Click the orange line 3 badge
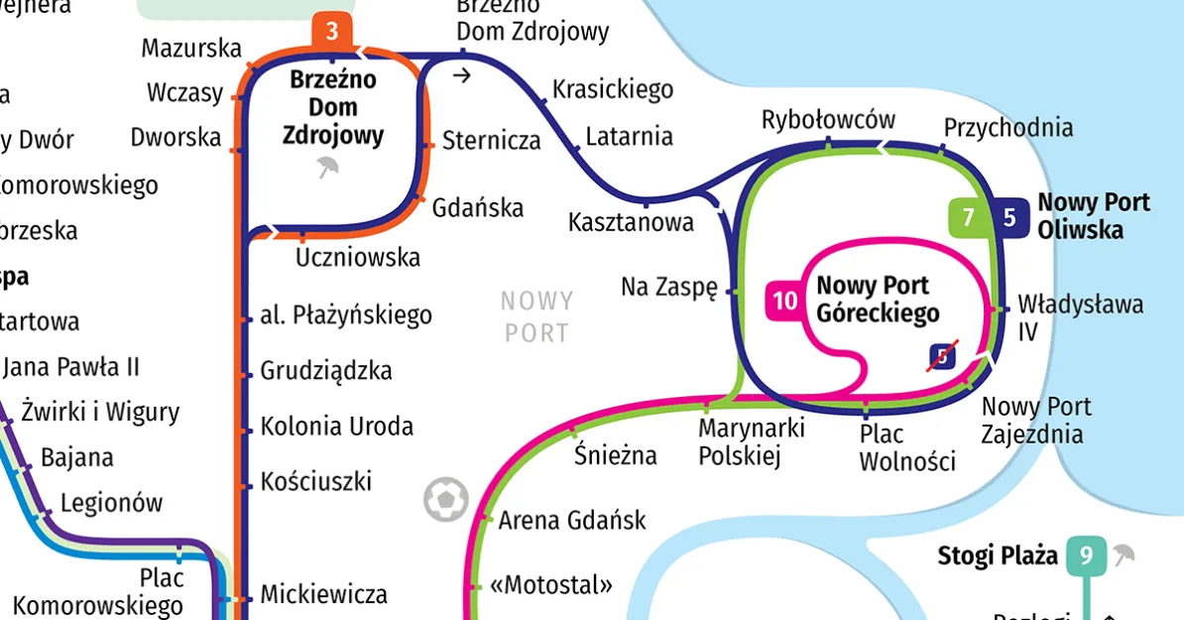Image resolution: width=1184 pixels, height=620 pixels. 332,32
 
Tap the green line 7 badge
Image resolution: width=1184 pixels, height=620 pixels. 969,218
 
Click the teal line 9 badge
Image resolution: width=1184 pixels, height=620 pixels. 1087,557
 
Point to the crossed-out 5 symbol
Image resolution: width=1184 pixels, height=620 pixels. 941,356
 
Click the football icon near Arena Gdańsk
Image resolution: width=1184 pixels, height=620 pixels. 445,500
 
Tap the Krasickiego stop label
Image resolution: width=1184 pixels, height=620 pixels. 612,89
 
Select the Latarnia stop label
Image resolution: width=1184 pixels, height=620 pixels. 629,136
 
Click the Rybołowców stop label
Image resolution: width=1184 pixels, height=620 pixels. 828,120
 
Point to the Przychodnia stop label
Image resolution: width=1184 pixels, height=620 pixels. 1007,128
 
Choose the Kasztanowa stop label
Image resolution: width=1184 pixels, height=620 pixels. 631,222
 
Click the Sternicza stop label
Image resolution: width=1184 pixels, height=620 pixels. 491,140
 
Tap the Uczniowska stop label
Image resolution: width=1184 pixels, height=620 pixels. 358,258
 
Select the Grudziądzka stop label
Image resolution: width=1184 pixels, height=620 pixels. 326,371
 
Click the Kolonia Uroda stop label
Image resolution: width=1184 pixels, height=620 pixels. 336,428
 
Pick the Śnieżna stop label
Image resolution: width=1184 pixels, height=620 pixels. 616,455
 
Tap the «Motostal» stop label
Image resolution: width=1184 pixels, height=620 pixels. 551,583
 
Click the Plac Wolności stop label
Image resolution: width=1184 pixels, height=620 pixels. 906,447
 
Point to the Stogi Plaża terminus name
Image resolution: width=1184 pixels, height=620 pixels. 998,556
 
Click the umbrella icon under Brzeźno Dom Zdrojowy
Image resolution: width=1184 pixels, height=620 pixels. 327,168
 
